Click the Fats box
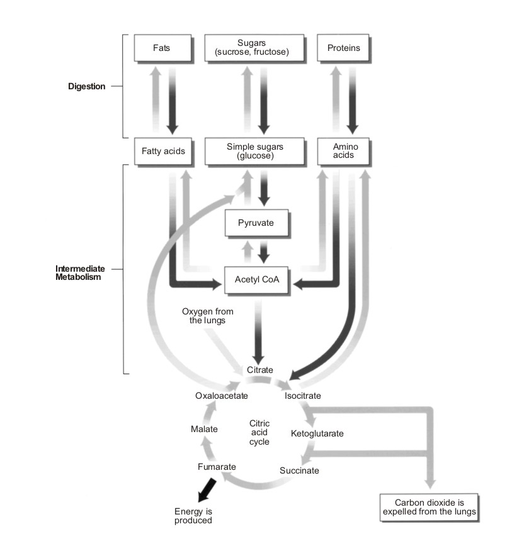[x=161, y=48]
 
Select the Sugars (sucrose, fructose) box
[x=256, y=48]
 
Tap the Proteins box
[x=343, y=48]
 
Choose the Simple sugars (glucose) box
[x=255, y=151]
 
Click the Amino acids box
[x=343, y=151]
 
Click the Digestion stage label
[x=87, y=86]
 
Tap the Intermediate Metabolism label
[x=78, y=273]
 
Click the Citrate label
[x=260, y=370]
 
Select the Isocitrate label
[x=303, y=396]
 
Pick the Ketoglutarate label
[x=317, y=433]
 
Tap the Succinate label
[x=299, y=470]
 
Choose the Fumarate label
[x=217, y=467]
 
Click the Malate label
[x=204, y=429]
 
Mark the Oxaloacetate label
[x=222, y=396]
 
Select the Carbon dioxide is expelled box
[x=429, y=507]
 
